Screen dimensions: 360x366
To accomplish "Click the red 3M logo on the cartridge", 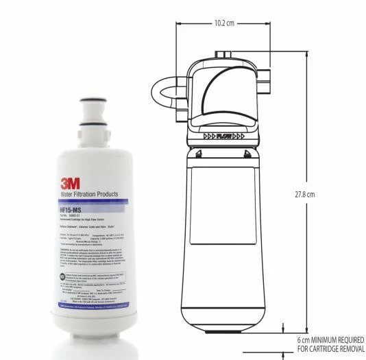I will click(69, 183).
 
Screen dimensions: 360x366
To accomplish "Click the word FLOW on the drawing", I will click(224, 136).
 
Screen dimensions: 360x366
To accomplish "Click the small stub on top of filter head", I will click(221, 52).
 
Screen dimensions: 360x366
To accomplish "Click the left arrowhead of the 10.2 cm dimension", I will click(180, 23).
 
